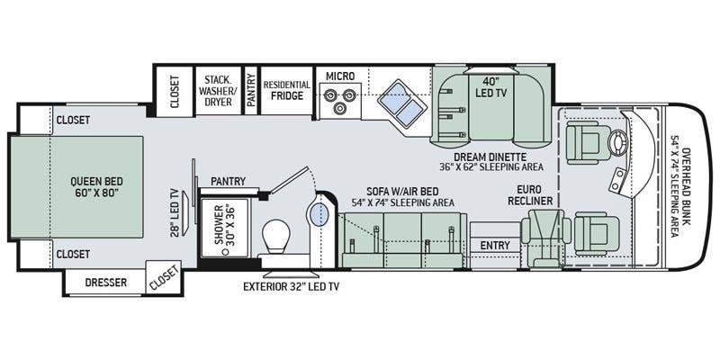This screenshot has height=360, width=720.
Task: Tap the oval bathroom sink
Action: pyautogui.click(x=318, y=214)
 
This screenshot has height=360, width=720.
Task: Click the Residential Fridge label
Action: pyautogui.click(x=286, y=91)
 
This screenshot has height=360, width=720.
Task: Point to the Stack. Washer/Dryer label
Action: pyautogui.click(x=218, y=91)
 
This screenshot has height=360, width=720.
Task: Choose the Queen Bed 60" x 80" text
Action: pyautogui.click(x=97, y=186)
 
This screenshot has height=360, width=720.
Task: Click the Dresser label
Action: pyautogui.click(x=106, y=282)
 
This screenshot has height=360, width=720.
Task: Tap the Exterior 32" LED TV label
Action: pyautogui.click(x=291, y=287)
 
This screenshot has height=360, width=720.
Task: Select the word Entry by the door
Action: pyautogui.click(x=495, y=246)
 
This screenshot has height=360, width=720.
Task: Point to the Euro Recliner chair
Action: pyautogui.click(x=546, y=238)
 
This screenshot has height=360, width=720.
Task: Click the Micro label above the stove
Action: pyautogui.click(x=340, y=76)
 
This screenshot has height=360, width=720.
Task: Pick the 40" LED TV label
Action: pyautogui.click(x=490, y=87)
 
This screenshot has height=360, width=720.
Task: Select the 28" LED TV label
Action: pyautogui.click(x=175, y=212)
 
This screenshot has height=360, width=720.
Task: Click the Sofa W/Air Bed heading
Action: pyautogui.click(x=402, y=191)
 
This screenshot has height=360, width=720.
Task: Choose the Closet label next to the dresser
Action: pyautogui.click(x=164, y=278)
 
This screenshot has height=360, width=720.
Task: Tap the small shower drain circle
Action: pyautogui.click(x=225, y=252)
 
